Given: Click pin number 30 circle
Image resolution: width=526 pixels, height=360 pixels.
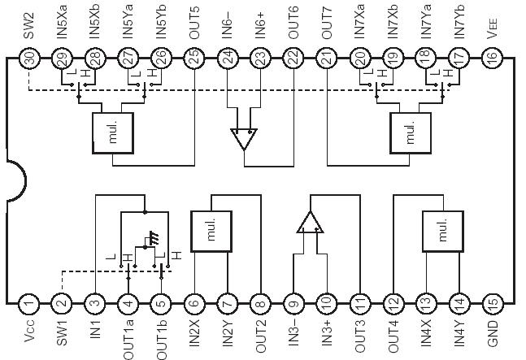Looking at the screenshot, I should (28, 59).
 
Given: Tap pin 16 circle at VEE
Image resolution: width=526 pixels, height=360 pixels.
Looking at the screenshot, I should (490, 59).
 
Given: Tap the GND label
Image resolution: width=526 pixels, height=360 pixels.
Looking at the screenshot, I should (490, 332).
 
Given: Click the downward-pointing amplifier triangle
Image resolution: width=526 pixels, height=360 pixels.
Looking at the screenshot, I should (244, 138).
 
